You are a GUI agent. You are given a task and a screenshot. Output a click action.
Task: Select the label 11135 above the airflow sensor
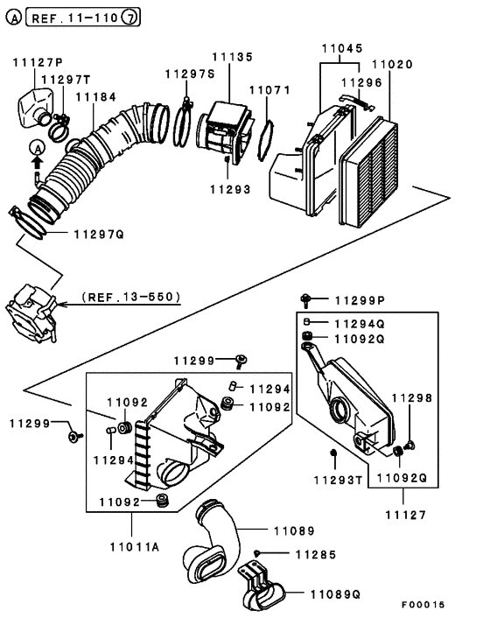(x=231, y=56)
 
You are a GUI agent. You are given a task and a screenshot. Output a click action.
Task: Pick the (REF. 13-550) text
(x=130, y=297)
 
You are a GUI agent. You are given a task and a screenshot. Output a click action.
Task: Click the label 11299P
(x=355, y=300)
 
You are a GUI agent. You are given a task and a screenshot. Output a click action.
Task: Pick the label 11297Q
(x=98, y=235)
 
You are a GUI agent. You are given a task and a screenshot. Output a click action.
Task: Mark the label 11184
(x=94, y=97)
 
